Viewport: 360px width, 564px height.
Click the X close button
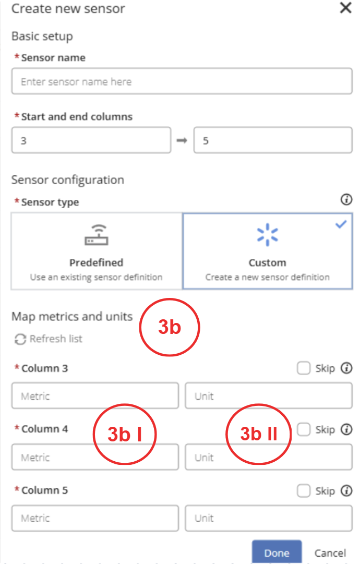(345, 7)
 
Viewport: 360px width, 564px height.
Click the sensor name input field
(182, 81)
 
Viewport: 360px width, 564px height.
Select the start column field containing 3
(91, 140)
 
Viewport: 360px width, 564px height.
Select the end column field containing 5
(273, 140)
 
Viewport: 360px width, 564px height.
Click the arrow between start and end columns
(182, 140)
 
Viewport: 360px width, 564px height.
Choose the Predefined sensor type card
(97, 251)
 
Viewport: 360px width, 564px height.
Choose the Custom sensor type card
(267, 251)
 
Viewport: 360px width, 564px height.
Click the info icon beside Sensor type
(346, 199)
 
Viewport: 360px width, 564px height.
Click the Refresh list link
(49, 339)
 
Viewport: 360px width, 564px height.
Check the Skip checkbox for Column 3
(304, 368)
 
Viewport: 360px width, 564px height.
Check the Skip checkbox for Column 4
(304, 429)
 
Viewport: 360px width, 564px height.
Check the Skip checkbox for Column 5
(304, 490)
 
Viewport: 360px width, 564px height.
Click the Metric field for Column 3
(95, 395)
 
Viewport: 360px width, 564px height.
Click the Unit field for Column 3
(269, 395)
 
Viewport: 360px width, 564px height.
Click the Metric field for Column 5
(95, 518)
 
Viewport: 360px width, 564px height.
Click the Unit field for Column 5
(269, 518)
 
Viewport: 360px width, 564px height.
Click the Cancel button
(330, 553)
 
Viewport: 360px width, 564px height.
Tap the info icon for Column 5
(346, 490)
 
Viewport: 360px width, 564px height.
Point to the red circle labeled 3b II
(258, 404)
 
